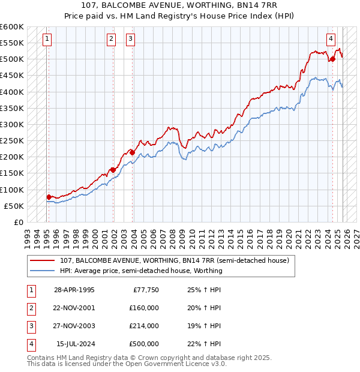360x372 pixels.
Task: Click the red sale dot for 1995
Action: [x=49, y=197]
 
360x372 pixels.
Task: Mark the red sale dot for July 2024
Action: [x=332, y=59]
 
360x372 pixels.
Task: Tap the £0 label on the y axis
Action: [x=17, y=222]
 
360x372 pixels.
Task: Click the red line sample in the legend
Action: [x=42, y=260]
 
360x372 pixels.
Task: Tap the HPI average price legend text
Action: [x=141, y=271]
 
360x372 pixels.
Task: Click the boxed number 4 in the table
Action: [x=31, y=344]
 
